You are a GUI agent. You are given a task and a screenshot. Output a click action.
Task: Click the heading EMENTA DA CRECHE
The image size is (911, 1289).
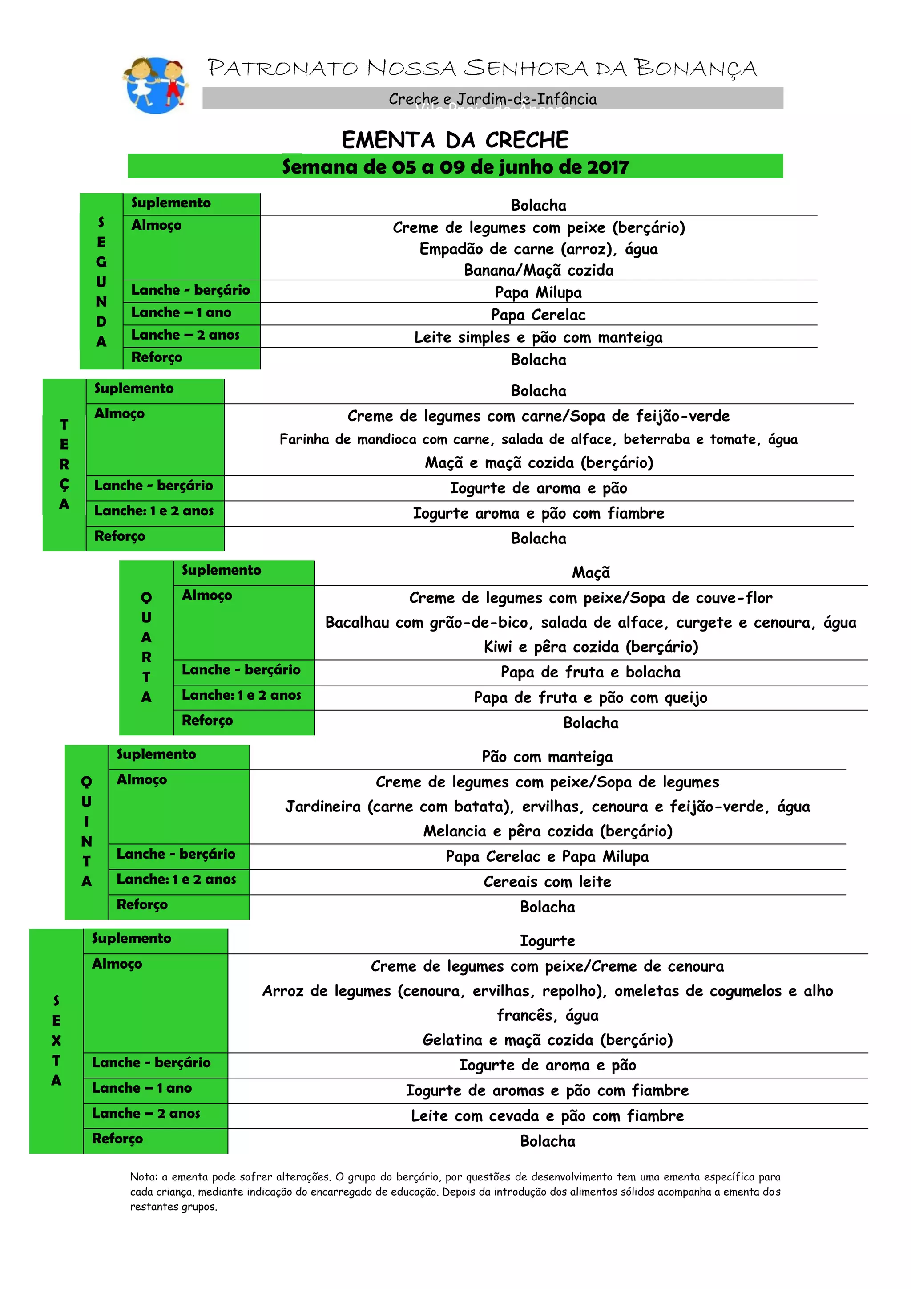tap(455, 140)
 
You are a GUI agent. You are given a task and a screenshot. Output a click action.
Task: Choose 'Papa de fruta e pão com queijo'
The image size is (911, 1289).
tap(590, 697)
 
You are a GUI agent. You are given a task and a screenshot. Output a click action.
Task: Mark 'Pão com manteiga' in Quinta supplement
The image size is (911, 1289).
tap(547, 757)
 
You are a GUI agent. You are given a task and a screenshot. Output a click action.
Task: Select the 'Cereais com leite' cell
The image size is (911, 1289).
tap(547, 881)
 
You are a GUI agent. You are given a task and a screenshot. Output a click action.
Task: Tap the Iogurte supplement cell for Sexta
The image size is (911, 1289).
tap(547, 941)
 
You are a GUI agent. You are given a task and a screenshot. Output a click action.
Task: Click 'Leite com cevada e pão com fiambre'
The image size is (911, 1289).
tap(547, 1115)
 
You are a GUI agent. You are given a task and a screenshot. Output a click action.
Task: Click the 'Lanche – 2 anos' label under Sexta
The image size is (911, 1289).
tap(146, 1113)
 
